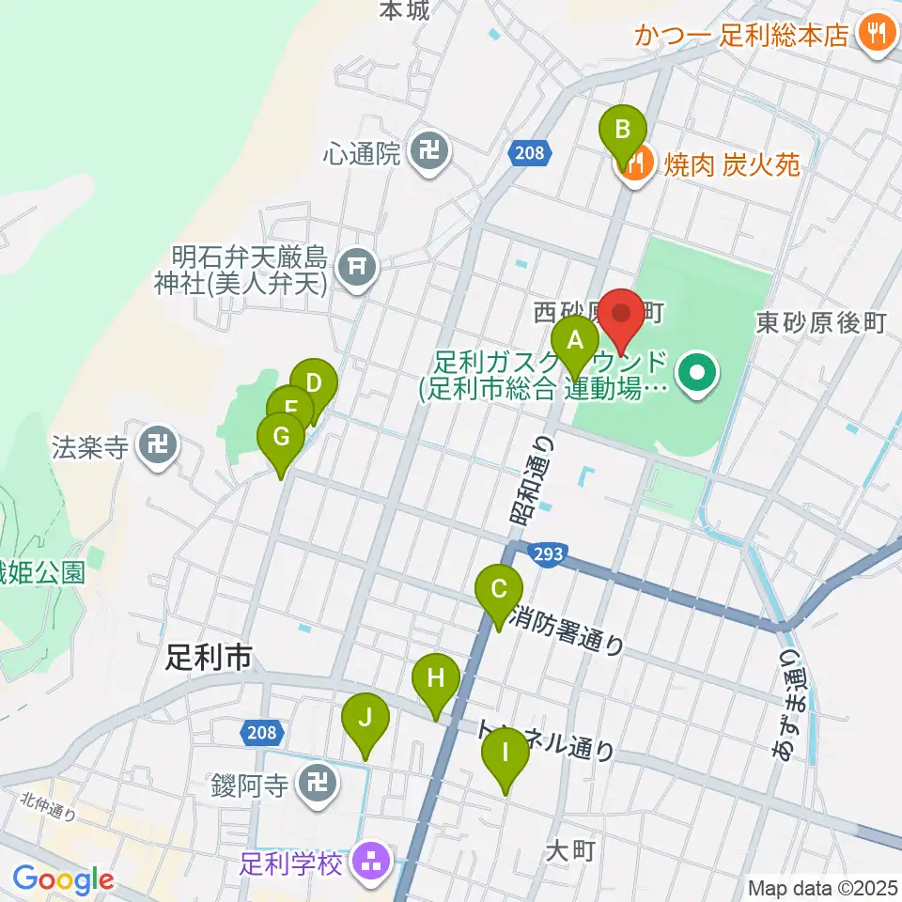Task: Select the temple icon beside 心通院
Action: click(x=429, y=148)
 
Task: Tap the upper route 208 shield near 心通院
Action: click(x=530, y=153)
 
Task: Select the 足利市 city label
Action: click(x=208, y=658)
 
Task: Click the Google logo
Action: click(x=62, y=879)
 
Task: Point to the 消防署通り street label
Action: click(x=568, y=631)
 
